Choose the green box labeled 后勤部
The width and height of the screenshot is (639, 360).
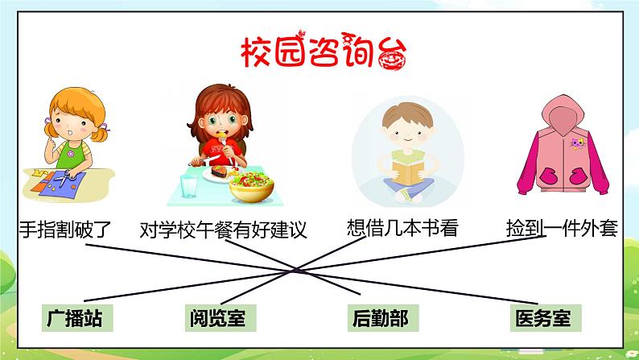pyautogui.click(x=379, y=319)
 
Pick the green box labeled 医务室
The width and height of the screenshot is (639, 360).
pyautogui.click(x=542, y=319)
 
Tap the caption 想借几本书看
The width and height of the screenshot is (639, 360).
pyautogui.click(x=401, y=229)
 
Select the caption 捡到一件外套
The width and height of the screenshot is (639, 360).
pyautogui.click(x=562, y=229)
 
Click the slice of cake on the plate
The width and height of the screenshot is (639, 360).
pyautogui.click(x=218, y=170)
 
